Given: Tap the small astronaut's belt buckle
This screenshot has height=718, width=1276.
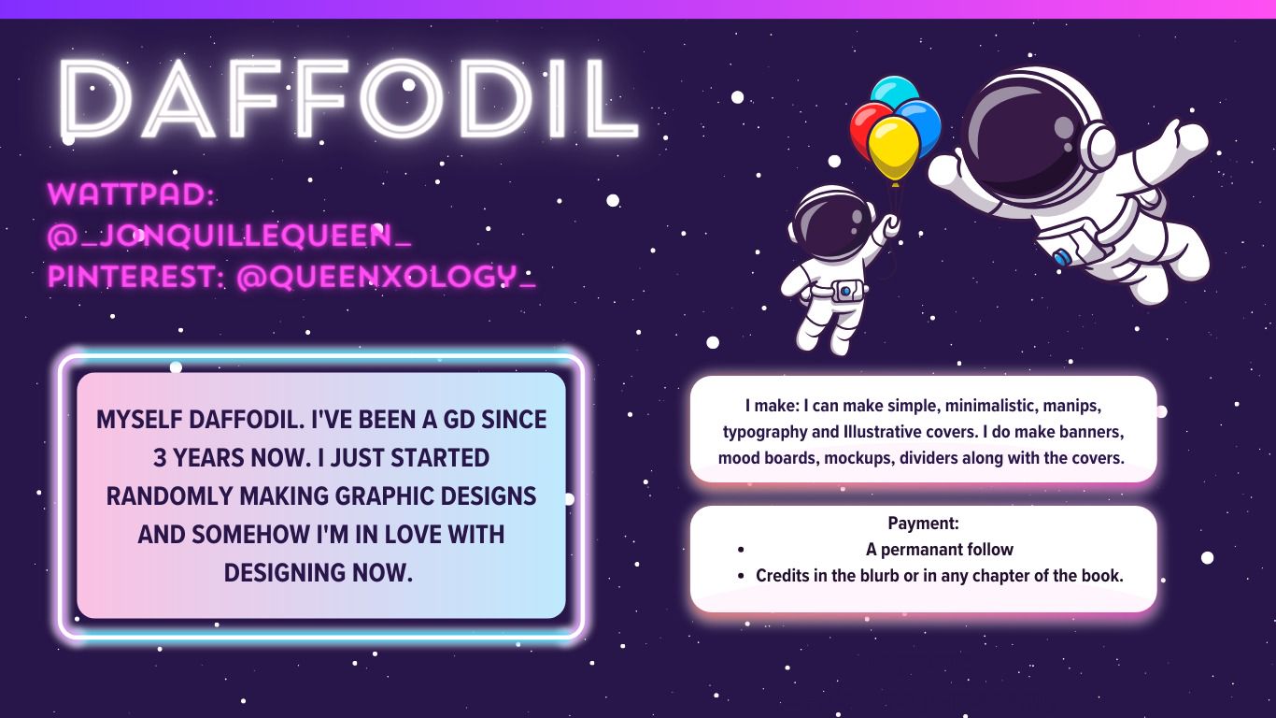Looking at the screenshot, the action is [x=845, y=292].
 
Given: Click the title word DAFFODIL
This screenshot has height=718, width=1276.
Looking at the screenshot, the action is [x=348, y=100].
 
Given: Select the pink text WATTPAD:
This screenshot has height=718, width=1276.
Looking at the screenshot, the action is [x=132, y=194].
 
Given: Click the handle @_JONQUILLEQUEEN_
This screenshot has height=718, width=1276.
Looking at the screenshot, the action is [x=229, y=235].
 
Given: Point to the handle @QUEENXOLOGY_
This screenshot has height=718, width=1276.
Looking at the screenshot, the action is [x=386, y=277].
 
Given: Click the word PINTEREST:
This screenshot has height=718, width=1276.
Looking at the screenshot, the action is [x=136, y=277].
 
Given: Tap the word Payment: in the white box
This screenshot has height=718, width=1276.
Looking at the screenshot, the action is [x=924, y=523].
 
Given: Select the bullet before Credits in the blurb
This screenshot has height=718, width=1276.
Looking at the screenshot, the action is [x=741, y=576].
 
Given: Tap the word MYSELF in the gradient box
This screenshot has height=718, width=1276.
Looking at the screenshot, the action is [x=138, y=420].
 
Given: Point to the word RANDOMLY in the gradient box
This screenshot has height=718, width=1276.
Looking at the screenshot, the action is [x=169, y=496].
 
